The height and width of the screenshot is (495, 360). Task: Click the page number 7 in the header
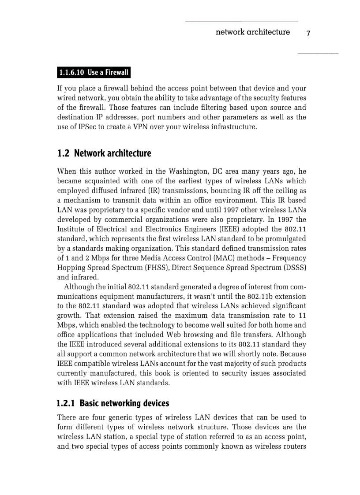[x=308, y=33]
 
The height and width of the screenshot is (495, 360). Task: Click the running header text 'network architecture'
[x=253, y=32]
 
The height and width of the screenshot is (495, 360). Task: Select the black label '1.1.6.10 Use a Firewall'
[x=94, y=72]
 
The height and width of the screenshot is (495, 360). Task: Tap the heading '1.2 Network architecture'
[x=104, y=153]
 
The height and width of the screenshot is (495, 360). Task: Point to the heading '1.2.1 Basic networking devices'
[x=113, y=403]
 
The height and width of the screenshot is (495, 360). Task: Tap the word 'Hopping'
[x=71, y=268]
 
